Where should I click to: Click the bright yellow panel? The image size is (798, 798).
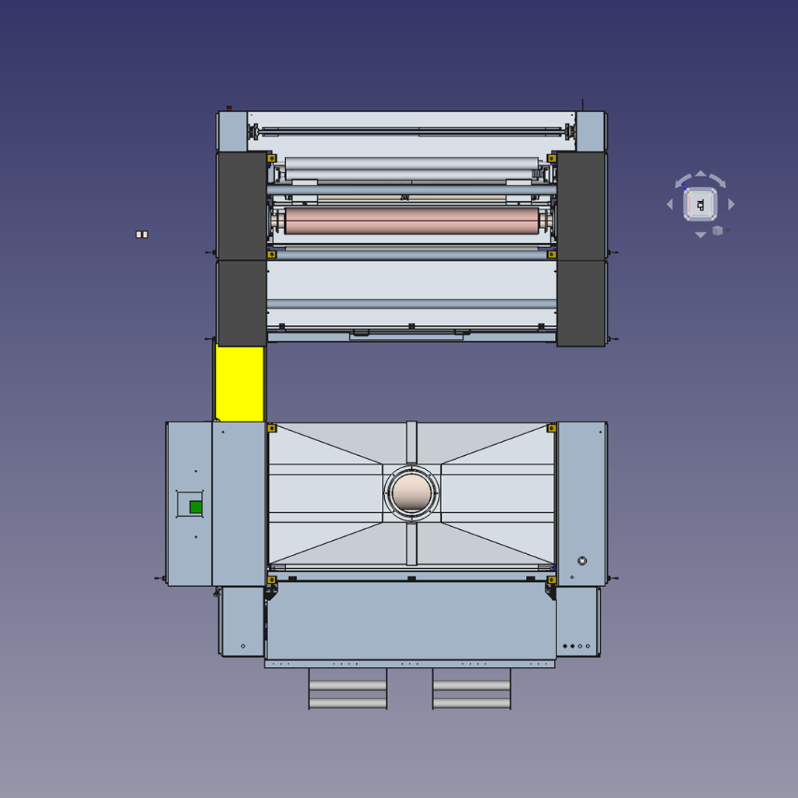point(240,383)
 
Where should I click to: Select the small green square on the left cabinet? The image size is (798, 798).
point(196,507)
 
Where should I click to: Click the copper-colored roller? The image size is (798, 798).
point(411,221)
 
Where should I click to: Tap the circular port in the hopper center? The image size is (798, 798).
point(411,493)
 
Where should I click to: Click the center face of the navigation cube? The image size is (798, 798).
point(700,204)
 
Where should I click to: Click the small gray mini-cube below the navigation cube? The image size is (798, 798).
point(718,231)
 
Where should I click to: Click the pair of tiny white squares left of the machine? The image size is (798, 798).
point(142,234)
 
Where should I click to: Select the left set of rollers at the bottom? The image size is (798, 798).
point(348,688)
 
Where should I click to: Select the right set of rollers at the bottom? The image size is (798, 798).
point(471,688)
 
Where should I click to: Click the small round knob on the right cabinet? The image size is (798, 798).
point(581,560)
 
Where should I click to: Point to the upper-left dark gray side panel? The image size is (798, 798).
point(242,206)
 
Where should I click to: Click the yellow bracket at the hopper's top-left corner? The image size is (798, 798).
point(272,428)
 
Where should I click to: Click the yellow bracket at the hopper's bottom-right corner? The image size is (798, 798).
point(551,579)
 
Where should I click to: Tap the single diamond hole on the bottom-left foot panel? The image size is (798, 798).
point(243,646)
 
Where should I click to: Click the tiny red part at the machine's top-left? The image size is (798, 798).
point(229,108)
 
